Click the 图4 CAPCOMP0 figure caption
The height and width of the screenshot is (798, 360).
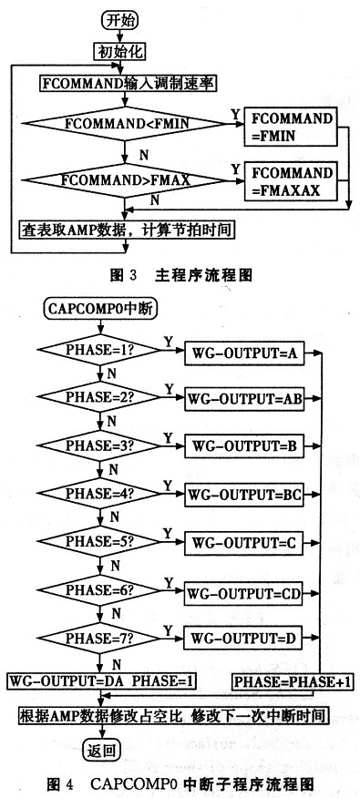182,783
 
